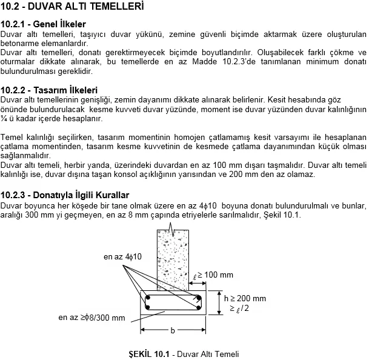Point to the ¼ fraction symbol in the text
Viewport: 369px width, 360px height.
coord(4,119)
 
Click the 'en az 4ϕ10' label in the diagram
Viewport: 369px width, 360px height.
coord(122,257)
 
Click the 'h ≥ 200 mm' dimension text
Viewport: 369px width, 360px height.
coord(244,298)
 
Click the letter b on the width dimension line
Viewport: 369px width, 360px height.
coord(173,331)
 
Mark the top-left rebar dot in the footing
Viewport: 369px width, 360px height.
coord(147,298)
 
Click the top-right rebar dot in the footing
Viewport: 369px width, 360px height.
coord(198,298)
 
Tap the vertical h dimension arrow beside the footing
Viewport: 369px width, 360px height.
coord(218,302)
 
